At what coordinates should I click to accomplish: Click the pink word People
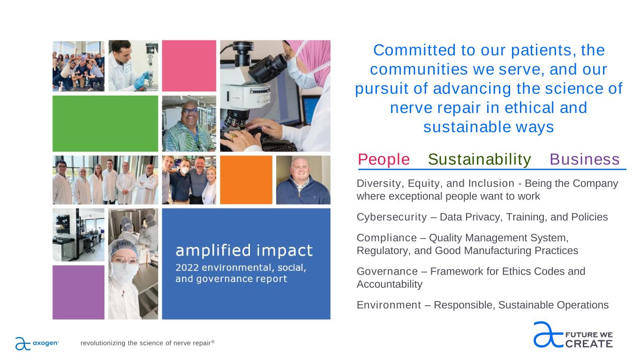[x=384, y=159]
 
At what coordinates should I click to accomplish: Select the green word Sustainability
[x=480, y=160]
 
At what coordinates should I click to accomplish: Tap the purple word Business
[x=585, y=159]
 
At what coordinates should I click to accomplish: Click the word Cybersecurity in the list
[x=392, y=217]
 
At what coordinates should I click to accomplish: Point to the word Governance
[x=387, y=271]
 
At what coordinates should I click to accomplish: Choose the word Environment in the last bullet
[x=389, y=305]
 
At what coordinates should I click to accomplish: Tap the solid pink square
[x=189, y=66]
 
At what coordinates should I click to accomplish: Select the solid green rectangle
[x=105, y=123]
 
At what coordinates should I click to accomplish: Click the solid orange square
[x=246, y=180]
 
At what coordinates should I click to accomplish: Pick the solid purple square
[x=79, y=292]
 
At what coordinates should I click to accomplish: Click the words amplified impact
[x=244, y=251]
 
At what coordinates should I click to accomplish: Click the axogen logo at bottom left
[x=37, y=343]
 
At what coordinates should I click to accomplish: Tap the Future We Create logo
[x=573, y=335]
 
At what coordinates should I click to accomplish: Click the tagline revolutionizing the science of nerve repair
[x=147, y=343]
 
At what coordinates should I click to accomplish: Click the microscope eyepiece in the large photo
[x=269, y=68]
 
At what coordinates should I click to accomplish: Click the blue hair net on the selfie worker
[x=123, y=248]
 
